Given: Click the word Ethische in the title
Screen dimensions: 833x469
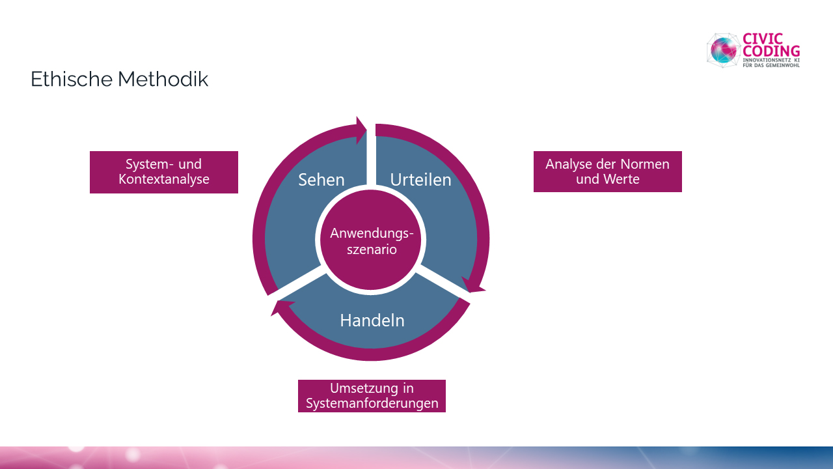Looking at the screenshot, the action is (72, 79).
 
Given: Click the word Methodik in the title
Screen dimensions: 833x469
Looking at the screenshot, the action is (163, 79).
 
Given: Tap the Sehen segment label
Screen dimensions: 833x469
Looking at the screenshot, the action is (321, 180).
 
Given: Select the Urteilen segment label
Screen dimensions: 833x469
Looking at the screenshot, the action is (420, 180).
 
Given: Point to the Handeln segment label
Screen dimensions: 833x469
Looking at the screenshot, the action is (372, 320).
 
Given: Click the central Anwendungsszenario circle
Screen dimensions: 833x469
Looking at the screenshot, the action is (371, 240).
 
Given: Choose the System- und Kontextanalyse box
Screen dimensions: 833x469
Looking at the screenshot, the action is (164, 172).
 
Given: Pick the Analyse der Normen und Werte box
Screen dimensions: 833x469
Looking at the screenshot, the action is (608, 171).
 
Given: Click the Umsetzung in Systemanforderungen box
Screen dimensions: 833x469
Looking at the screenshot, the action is (372, 395).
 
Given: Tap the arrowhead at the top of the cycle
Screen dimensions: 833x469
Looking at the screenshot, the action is (361, 130).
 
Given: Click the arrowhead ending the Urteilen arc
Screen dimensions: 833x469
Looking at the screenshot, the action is (473, 285).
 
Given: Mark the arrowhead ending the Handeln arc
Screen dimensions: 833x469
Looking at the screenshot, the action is (279, 307).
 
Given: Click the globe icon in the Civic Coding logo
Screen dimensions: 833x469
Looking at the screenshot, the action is (723, 50).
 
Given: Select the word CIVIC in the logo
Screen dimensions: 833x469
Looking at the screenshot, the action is (763, 38).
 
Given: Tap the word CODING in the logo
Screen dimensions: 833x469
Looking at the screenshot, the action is (771, 51).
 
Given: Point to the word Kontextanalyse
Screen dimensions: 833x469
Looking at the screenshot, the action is (164, 179).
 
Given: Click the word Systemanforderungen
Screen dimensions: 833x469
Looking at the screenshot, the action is (372, 403).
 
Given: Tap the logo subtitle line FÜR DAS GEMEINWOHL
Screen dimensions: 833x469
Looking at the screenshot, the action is (771, 65).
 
